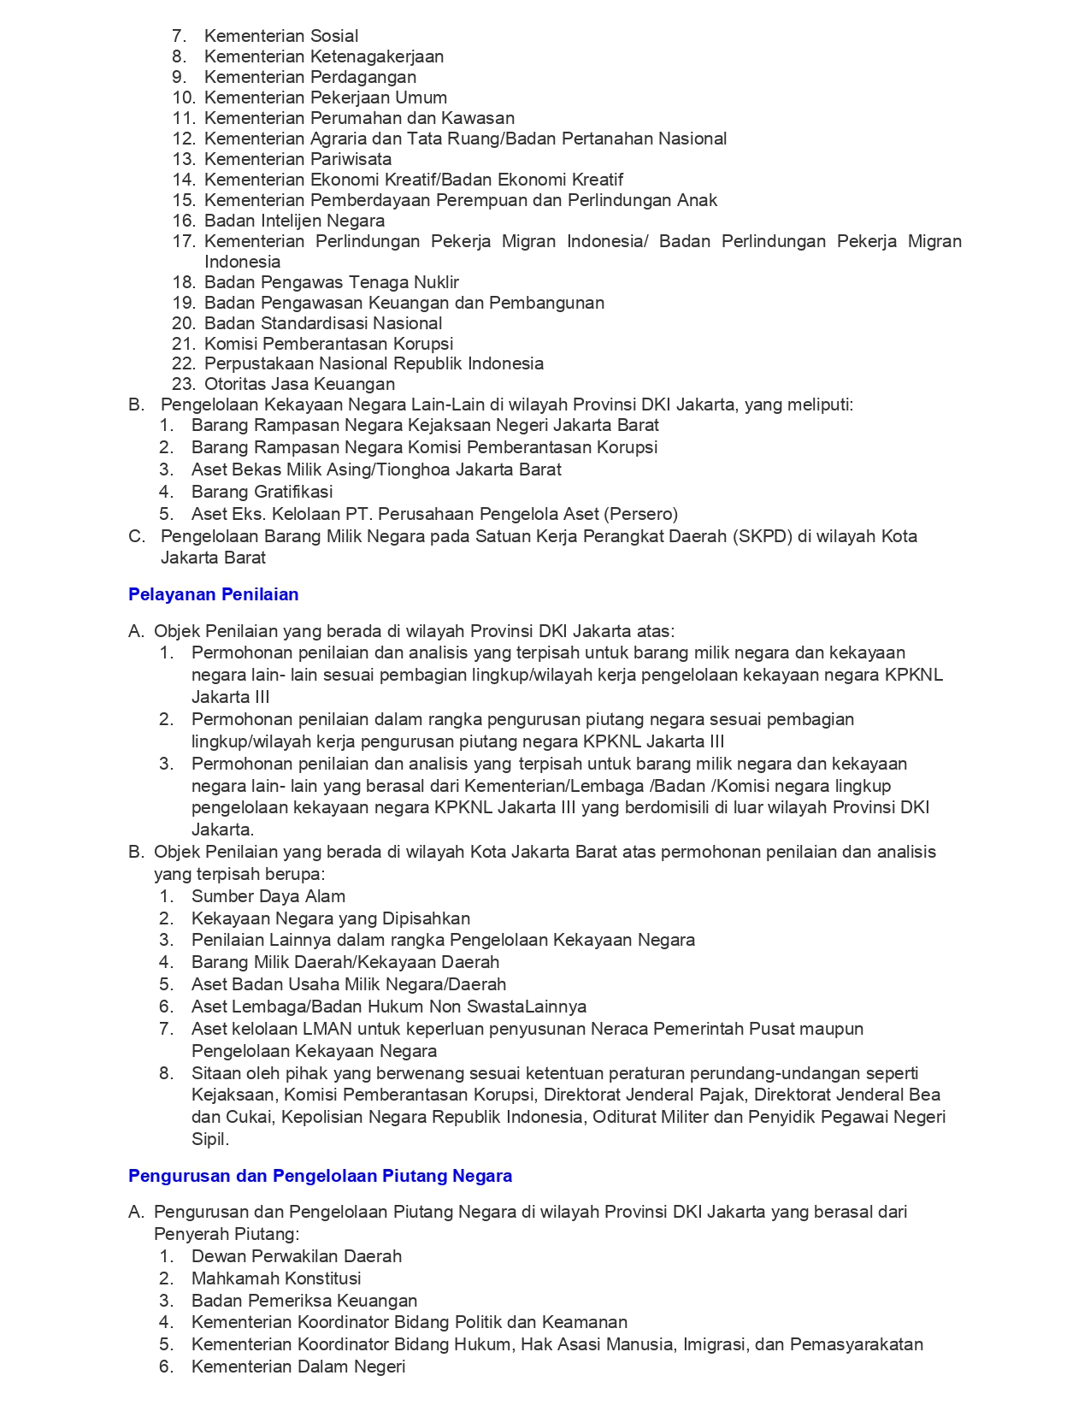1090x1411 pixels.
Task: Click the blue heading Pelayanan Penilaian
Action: click(213, 594)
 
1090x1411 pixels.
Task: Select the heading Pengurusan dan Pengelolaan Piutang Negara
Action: click(320, 1176)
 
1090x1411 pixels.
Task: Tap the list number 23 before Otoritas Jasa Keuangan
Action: click(184, 384)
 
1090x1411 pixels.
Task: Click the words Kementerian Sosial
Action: click(281, 36)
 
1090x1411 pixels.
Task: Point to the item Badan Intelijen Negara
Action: click(294, 221)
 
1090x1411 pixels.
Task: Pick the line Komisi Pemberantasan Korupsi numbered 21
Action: click(328, 344)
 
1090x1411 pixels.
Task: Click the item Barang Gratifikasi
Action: click(262, 492)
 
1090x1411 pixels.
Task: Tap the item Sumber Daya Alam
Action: click(268, 896)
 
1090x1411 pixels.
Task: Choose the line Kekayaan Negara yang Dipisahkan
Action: click(330, 918)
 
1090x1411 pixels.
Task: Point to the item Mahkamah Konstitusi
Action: click(276, 1278)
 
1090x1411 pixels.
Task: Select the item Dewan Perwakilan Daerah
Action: click(296, 1256)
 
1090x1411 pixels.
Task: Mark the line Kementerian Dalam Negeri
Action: click(298, 1367)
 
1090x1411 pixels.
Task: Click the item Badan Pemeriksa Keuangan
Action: click(303, 1301)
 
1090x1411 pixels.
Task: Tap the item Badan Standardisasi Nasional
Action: click(323, 323)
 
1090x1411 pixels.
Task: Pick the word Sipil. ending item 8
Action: click(210, 1139)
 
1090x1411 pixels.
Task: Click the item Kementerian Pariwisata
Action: click(298, 159)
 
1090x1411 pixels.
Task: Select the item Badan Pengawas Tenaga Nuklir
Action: click(331, 282)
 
